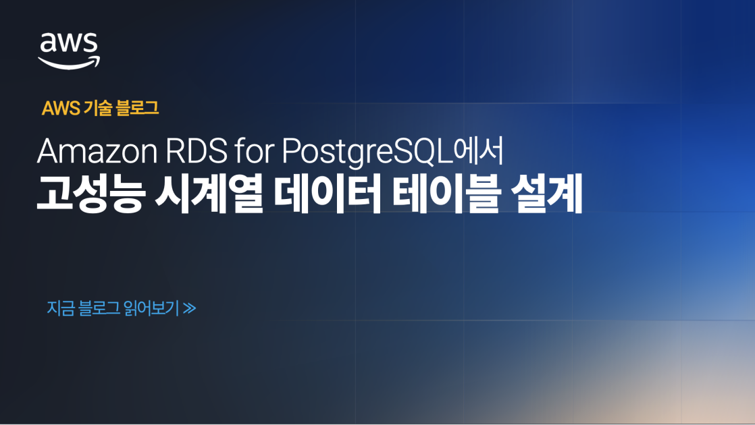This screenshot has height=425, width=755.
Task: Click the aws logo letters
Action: pos(69,44)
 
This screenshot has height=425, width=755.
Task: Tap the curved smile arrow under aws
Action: pos(69,63)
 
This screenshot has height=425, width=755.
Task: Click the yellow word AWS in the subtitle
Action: pos(61,108)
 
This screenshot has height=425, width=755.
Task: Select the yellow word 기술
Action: pos(99,108)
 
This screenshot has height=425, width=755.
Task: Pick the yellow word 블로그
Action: pos(137,108)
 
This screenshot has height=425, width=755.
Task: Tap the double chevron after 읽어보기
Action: pos(189,309)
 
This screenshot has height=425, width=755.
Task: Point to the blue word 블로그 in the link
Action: pos(99,308)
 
